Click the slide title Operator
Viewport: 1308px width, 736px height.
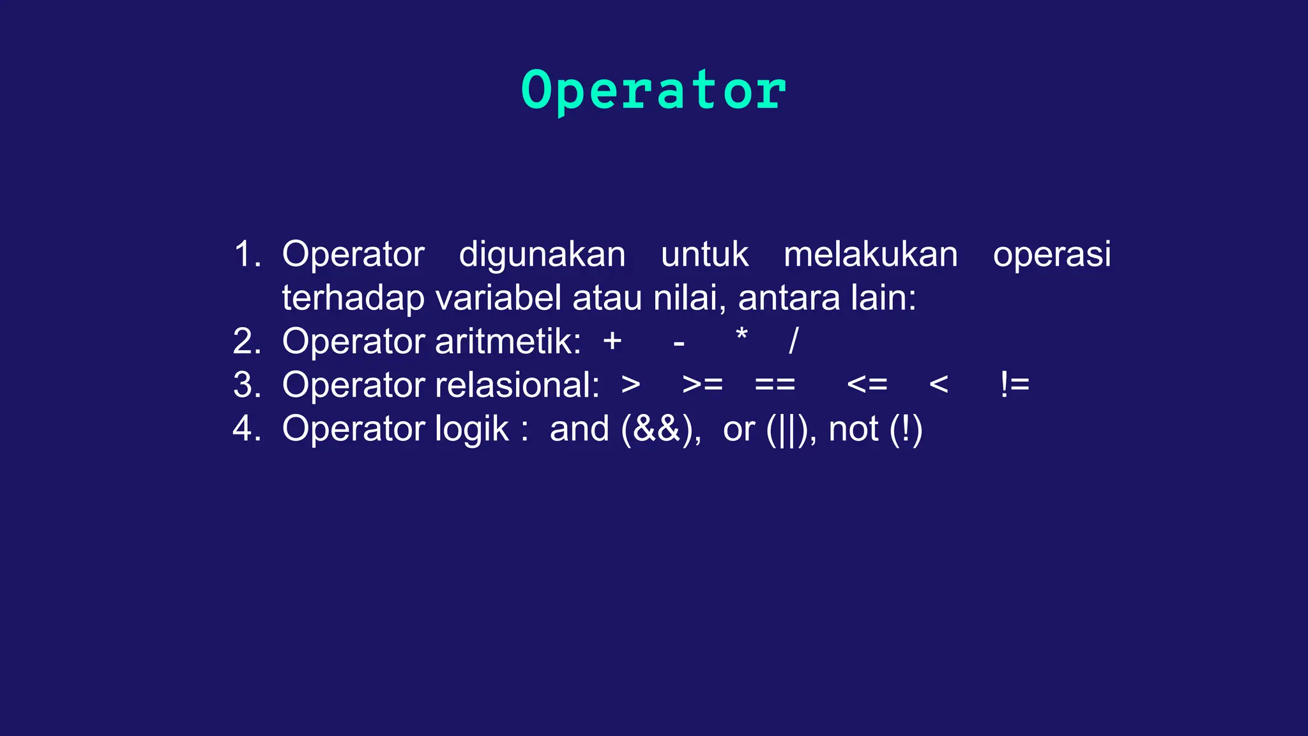(653, 91)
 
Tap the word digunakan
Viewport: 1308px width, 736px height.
(542, 255)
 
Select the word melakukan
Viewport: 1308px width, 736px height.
(871, 254)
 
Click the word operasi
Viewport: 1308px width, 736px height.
(1052, 255)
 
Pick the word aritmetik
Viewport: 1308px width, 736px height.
(508, 341)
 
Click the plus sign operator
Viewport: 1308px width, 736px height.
(612, 341)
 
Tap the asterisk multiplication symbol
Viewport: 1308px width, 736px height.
(741, 335)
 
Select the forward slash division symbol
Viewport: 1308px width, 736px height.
(794, 341)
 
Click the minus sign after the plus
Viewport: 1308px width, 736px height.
(679, 344)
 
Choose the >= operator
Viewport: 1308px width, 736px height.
(703, 385)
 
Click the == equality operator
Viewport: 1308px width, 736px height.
(775, 385)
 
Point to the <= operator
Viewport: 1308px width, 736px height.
(867, 385)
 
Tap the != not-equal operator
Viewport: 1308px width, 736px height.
(1014, 385)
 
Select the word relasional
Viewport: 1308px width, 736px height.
(517, 385)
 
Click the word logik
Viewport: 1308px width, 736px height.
(472, 429)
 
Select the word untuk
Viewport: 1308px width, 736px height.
(704, 254)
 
